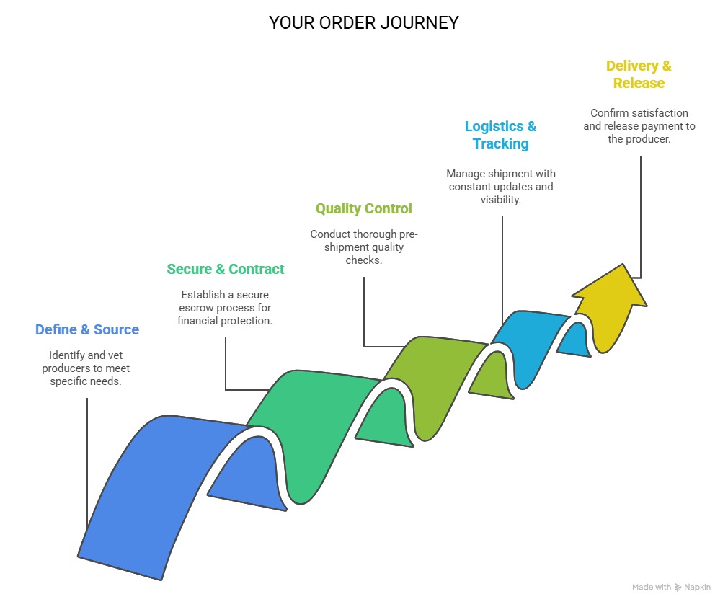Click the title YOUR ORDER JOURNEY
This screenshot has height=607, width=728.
[363, 23]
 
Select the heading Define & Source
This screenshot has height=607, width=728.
[86, 329]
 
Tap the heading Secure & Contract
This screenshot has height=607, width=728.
[225, 269]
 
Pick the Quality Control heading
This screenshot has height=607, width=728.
[363, 208]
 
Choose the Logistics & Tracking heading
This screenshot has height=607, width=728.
[500, 135]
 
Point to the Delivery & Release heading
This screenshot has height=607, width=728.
[639, 74]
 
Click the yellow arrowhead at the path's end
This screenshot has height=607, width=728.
[613, 303]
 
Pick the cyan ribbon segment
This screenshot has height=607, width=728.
[533, 339]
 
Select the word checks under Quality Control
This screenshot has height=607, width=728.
[363, 260]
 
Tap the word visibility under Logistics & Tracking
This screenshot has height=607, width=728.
[500, 200]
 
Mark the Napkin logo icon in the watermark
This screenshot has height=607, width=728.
[678, 588]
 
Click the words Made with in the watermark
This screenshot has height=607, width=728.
[652, 588]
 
